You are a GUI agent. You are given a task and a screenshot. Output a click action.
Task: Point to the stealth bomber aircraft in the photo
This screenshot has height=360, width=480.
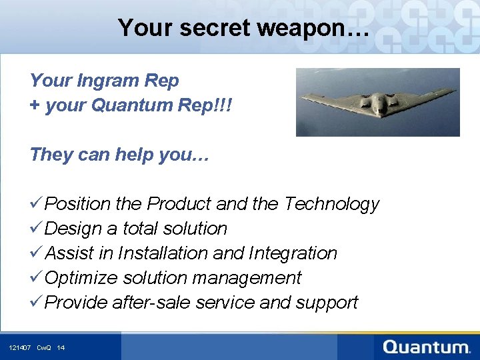tap(377, 102)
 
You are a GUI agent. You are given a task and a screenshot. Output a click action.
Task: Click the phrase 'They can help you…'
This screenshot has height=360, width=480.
tap(119, 155)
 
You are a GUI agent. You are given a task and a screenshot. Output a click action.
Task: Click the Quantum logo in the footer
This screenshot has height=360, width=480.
tap(427, 347)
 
